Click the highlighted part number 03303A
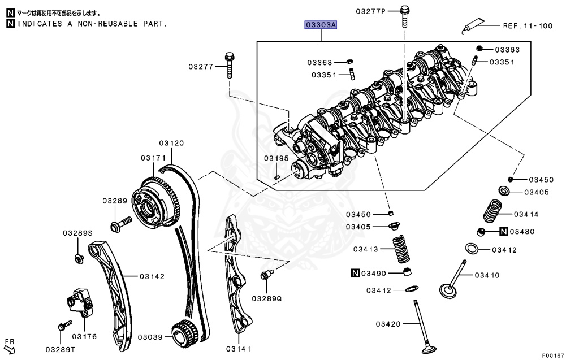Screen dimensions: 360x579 321,25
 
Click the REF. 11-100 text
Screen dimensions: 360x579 528,25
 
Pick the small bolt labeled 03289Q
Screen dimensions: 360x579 264,275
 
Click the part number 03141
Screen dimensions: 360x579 238,349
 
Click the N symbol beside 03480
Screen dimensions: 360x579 504,231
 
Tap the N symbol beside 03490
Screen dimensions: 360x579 355,274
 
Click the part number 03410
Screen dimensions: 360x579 487,275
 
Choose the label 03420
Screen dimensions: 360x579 388,324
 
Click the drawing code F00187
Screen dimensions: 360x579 553,355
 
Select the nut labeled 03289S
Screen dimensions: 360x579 78,259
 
